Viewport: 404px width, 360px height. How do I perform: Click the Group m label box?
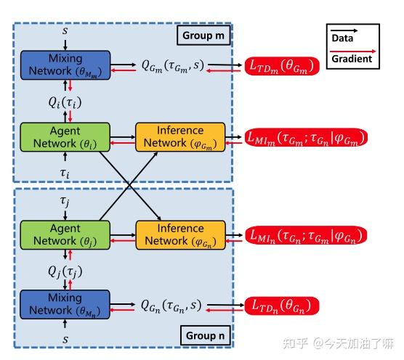(203, 35)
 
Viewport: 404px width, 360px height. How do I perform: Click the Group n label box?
(203, 336)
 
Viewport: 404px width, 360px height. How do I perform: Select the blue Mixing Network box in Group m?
(65, 65)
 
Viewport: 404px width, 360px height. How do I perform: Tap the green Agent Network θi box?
(65, 137)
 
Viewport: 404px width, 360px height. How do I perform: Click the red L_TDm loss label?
(284, 66)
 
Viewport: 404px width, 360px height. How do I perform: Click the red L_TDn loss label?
(283, 306)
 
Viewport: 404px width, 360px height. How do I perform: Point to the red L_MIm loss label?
(306, 137)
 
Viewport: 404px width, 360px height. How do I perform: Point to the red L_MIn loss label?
(304, 236)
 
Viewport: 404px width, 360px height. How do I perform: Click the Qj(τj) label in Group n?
(65, 271)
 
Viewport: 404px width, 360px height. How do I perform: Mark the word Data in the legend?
(343, 37)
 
